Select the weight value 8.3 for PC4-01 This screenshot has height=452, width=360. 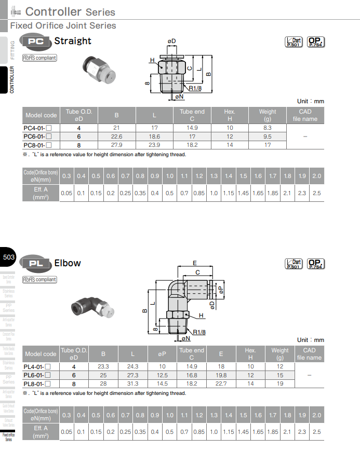(x=268, y=128)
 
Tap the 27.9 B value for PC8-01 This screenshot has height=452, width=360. (x=116, y=145)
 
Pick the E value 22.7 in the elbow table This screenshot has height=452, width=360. (x=221, y=383)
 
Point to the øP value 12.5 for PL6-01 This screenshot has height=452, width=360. (x=162, y=375)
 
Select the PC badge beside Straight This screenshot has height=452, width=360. (x=35, y=42)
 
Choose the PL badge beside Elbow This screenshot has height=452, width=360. (x=35, y=263)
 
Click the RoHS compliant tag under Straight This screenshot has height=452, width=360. (x=39, y=58)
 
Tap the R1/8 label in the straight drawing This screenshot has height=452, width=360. (x=195, y=88)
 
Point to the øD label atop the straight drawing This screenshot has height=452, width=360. (x=171, y=41)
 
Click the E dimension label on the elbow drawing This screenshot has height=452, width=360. (x=194, y=263)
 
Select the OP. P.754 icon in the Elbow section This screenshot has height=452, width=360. (x=315, y=264)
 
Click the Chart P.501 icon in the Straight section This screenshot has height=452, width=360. (x=294, y=42)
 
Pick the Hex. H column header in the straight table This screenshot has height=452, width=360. (x=230, y=115)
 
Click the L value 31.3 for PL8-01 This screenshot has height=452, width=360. (x=132, y=383)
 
